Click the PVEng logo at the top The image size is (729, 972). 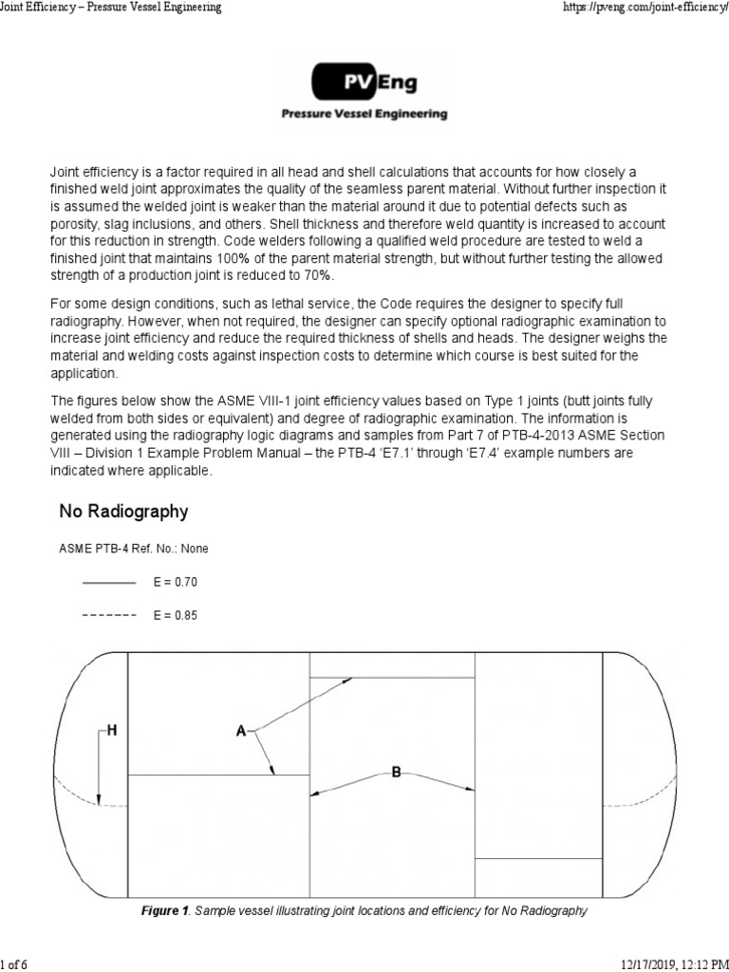click(364, 84)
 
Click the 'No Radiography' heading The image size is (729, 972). click(123, 512)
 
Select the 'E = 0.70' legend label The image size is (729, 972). click(176, 581)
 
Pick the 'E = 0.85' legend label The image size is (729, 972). click(176, 615)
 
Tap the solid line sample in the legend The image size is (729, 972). click(110, 581)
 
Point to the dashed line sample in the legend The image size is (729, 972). click(110, 615)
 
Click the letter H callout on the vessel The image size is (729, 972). click(112, 730)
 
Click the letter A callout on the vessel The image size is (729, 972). click(241, 731)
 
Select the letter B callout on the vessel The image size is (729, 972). click(396, 773)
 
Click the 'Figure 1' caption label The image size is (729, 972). click(165, 911)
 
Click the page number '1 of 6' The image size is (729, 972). click(17, 964)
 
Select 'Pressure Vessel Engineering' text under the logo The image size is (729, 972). click(364, 114)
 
